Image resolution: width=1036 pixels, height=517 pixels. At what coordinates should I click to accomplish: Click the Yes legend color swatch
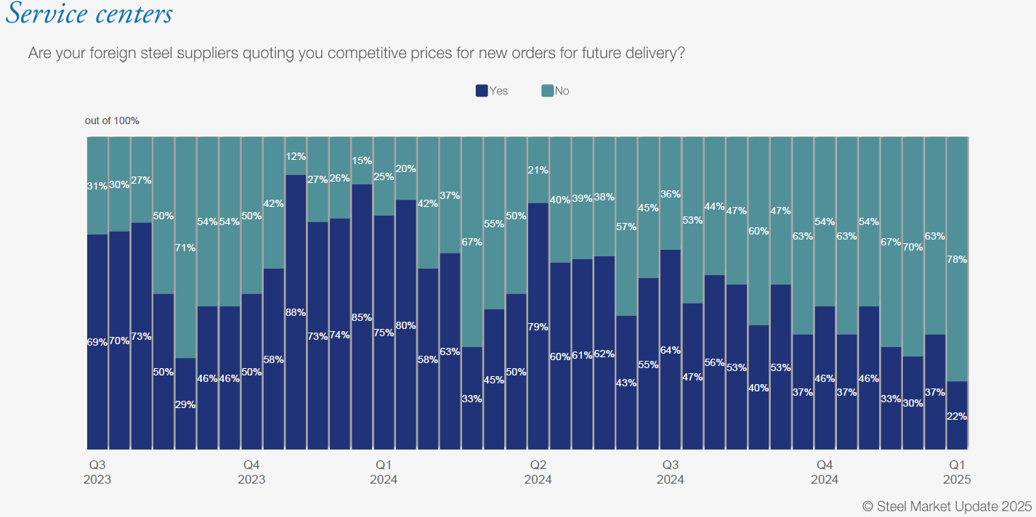(x=482, y=91)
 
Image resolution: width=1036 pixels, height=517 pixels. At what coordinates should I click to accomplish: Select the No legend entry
(x=556, y=91)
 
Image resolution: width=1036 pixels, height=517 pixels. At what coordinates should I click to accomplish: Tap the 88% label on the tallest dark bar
(x=296, y=312)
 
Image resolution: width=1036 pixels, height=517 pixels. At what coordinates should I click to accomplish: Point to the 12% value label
(x=296, y=156)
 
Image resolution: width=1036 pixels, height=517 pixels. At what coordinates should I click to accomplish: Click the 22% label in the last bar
(x=957, y=416)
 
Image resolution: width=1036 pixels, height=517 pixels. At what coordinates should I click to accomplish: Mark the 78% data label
(x=957, y=259)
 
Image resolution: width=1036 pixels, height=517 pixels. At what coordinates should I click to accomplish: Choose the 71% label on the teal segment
(x=185, y=248)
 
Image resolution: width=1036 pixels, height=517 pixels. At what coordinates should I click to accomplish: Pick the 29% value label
(x=185, y=404)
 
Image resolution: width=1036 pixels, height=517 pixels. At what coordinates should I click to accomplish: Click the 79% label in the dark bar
(x=538, y=327)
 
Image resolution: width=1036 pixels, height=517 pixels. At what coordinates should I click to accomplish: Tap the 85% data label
(x=362, y=317)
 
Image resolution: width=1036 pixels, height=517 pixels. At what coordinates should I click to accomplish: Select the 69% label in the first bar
(x=97, y=341)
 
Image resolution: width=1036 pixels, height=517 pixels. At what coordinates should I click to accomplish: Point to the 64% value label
(x=671, y=350)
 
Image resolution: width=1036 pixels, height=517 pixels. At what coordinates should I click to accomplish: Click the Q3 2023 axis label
(x=97, y=472)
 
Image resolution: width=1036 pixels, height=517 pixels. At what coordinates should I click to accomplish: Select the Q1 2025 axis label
(x=957, y=472)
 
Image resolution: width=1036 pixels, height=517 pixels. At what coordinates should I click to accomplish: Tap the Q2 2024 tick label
(x=538, y=472)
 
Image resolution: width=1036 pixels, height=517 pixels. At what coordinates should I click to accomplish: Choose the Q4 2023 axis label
(x=251, y=472)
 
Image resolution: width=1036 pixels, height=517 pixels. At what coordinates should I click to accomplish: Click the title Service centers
(x=89, y=15)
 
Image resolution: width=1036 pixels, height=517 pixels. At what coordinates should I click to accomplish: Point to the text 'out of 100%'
(x=112, y=121)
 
